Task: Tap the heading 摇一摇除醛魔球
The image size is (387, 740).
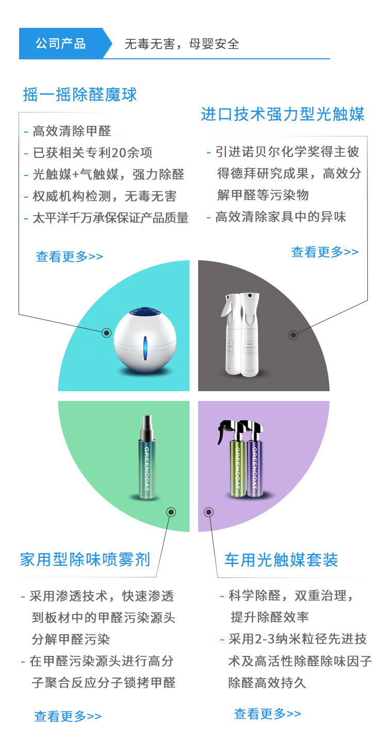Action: tap(79, 94)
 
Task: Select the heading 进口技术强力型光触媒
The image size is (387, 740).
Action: tap(283, 115)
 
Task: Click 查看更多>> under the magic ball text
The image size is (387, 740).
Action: tap(69, 256)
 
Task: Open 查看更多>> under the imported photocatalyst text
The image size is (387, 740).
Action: tap(325, 252)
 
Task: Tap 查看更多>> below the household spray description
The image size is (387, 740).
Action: tap(68, 716)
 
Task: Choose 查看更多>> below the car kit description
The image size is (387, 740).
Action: tap(267, 714)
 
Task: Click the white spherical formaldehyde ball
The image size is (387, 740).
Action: tap(144, 340)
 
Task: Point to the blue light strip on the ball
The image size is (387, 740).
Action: tap(144, 348)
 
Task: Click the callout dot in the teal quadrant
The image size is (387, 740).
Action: tap(106, 333)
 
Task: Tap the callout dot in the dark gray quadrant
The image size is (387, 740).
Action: tap(293, 335)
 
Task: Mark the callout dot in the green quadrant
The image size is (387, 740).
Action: tap(171, 512)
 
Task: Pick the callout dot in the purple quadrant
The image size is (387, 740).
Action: tap(208, 512)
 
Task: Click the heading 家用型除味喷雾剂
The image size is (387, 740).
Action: tap(85, 559)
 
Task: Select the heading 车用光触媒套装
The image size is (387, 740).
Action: tap(281, 560)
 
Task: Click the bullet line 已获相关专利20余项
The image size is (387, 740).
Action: tap(92, 153)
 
